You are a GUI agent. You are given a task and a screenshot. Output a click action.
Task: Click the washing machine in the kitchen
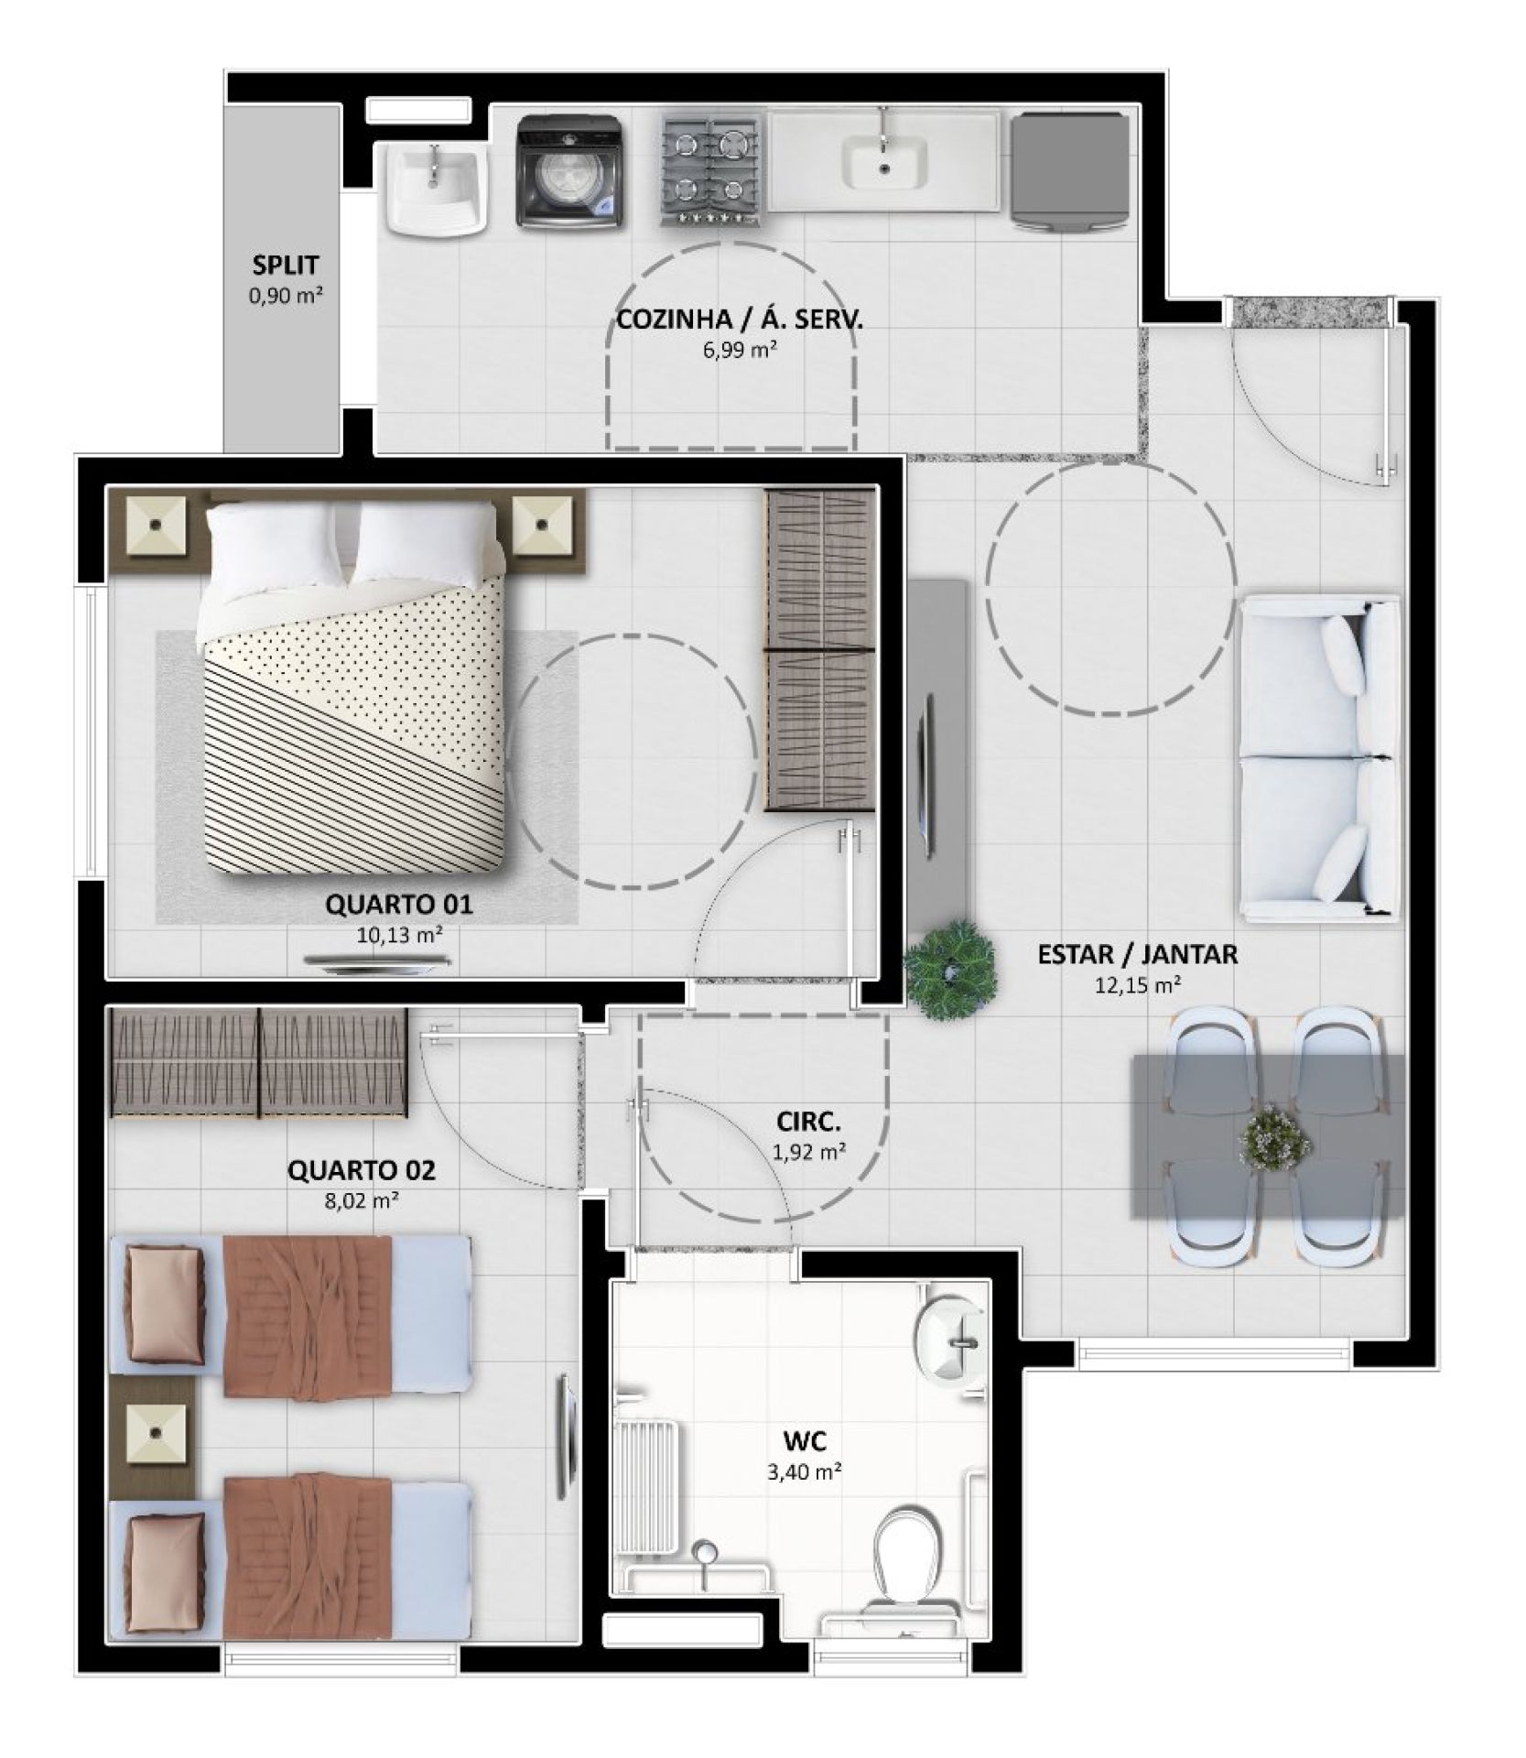pyautogui.click(x=569, y=171)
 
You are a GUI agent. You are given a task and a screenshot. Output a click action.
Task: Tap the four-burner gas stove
pyautogui.click(x=711, y=171)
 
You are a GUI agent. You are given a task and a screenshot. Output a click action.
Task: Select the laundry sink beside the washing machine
pyautogui.click(x=434, y=190)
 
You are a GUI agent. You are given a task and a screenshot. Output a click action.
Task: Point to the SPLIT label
pyautogui.click(x=286, y=266)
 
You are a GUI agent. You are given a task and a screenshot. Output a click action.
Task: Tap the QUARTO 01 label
pyautogui.click(x=399, y=905)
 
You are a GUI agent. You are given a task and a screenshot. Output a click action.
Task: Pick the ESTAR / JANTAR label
pyautogui.click(x=1137, y=954)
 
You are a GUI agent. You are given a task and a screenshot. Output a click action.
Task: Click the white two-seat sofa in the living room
pyautogui.click(x=1319, y=755)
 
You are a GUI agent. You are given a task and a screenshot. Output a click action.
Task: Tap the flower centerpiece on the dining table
pyautogui.click(x=1274, y=1138)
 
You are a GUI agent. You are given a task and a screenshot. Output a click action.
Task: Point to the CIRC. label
pyautogui.click(x=808, y=1121)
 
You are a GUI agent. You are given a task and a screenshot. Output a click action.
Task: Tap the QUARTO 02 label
pyautogui.click(x=362, y=1169)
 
